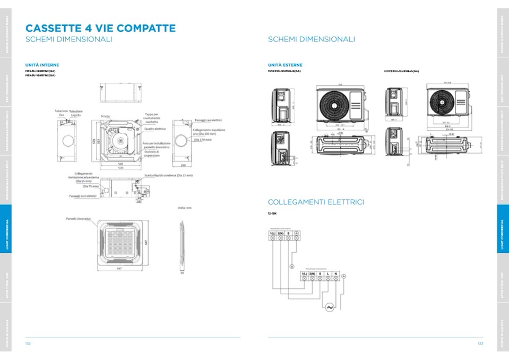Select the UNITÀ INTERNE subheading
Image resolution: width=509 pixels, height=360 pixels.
42,65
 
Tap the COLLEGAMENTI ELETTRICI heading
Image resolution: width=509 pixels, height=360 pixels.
316,202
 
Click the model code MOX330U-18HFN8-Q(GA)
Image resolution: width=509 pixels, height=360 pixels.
401,71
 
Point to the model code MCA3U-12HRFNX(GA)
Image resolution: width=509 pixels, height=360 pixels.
40,71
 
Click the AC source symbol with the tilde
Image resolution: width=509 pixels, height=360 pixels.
329,307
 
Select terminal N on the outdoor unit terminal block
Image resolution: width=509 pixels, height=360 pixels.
336,274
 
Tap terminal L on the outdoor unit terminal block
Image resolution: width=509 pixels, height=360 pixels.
328,274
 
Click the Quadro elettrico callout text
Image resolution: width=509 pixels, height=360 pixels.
155,129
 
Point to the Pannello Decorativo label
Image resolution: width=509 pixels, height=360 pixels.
79,219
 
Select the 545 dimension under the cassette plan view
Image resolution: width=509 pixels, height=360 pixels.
120,164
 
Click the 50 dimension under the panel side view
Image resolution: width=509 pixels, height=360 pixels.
182,273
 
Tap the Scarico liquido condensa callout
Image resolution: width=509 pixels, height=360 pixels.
168,175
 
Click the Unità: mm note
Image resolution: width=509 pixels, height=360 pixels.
185,208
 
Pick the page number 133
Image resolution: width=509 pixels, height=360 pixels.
480,344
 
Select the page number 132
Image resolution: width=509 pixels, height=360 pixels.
28,344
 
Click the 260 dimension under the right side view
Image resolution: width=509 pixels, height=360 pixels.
183,164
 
